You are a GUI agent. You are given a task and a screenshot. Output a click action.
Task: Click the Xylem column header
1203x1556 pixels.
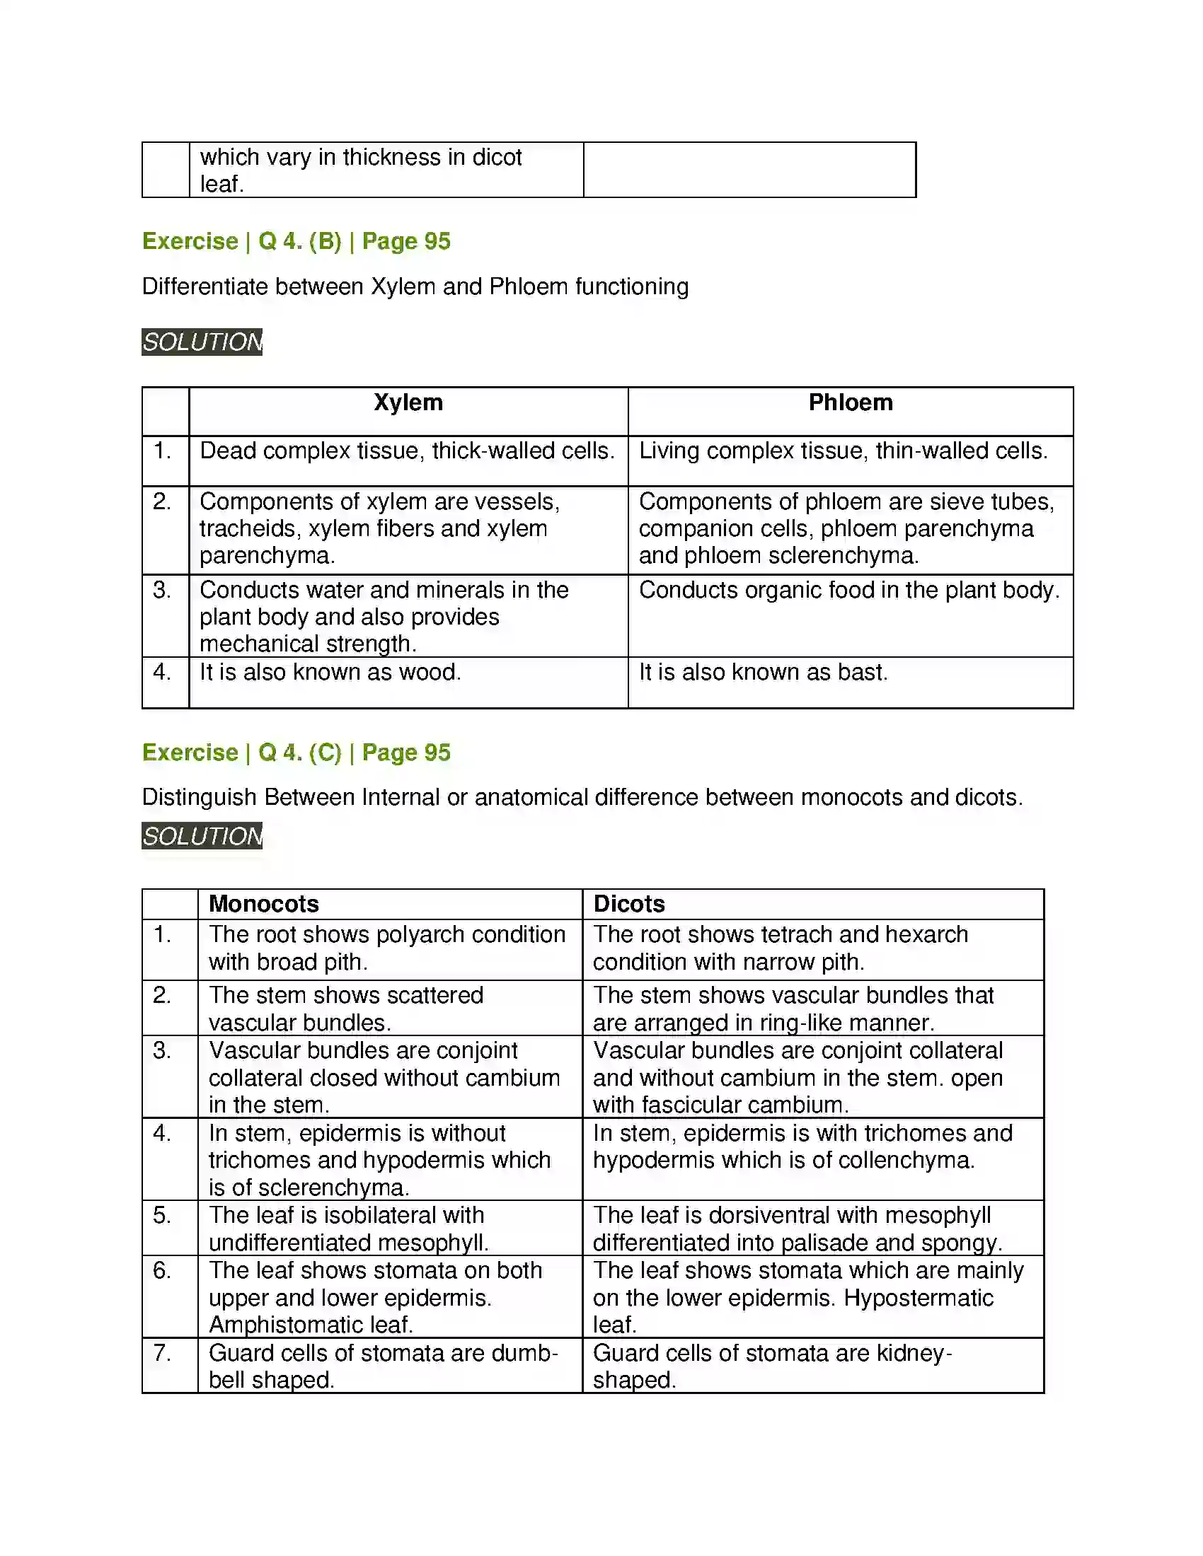pyautogui.click(x=408, y=402)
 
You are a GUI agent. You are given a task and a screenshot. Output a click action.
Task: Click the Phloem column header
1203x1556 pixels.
pyautogui.click(x=849, y=402)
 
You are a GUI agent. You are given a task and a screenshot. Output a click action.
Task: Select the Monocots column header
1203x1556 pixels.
pyautogui.click(x=263, y=904)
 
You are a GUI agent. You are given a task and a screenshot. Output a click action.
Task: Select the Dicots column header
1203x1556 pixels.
pyautogui.click(x=628, y=904)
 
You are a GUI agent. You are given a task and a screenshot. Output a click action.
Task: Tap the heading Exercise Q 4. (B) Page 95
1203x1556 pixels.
pyautogui.click(x=296, y=241)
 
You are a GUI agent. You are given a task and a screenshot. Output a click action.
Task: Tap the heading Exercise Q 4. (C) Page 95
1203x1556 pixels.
pyautogui.click(x=296, y=753)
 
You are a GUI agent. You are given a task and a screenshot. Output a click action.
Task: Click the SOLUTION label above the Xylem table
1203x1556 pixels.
pyautogui.click(x=202, y=342)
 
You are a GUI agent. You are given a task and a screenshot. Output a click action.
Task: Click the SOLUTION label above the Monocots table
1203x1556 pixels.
pyautogui.click(x=202, y=836)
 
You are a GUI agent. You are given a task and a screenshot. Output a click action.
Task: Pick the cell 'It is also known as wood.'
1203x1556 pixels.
pyautogui.click(x=330, y=673)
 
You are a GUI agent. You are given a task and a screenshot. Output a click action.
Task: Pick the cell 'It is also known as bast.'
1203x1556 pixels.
pyautogui.click(x=763, y=673)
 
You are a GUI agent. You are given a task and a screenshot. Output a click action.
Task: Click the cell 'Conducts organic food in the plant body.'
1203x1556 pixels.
pyautogui.click(x=848, y=591)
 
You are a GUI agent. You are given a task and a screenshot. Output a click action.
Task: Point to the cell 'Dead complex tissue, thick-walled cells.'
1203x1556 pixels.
pyautogui.click(x=407, y=451)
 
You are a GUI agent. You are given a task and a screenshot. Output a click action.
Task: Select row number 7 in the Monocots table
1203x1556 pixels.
pyautogui.click(x=162, y=1353)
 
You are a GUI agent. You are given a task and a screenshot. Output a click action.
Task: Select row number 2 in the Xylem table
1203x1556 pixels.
pyautogui.click(x=162, y=502)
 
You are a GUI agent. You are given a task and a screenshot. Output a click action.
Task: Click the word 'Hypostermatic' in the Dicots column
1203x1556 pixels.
pyautogui.click(x=918, y=1298)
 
